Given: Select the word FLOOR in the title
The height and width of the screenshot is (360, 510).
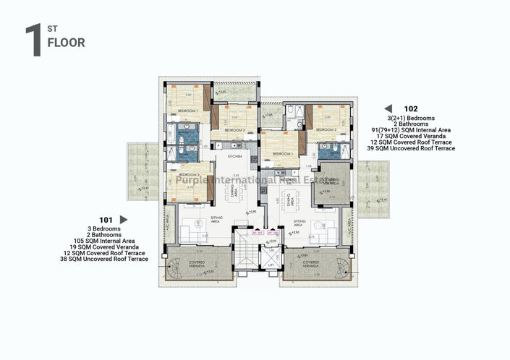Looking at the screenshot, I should [66, 43].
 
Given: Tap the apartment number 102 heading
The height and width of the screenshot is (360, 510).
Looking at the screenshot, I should [411, 110].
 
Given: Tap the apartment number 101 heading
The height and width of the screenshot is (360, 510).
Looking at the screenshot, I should [106, 220].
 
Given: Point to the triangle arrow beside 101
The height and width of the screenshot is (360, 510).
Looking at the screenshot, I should [123, 220].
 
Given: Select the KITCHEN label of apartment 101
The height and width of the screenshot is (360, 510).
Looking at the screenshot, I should [235, 156].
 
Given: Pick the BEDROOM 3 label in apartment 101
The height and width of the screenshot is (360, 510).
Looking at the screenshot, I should [189, 176].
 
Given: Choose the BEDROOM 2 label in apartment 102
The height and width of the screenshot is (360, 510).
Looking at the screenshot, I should [327, 129].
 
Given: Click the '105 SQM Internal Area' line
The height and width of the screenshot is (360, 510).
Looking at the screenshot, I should [106, 240].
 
